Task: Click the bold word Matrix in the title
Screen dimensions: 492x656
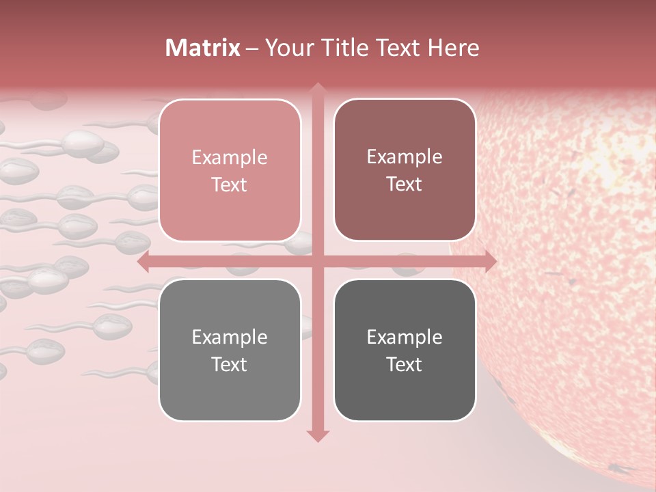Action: pos(203,48)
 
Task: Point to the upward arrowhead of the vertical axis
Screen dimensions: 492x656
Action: pos(318,89)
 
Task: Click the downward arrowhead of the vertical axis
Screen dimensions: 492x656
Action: pos(318,435)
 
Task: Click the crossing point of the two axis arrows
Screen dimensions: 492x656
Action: pos(318,261)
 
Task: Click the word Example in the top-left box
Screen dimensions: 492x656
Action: pos(230,158)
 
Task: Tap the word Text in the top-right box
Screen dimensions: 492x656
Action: pos(405,184)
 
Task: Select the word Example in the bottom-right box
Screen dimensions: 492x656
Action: pos(405,337)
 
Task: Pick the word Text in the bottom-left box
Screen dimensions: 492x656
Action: pos(230,364)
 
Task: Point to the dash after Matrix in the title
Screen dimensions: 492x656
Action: pos(252,49)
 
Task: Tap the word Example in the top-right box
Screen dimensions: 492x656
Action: pos(405,157)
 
